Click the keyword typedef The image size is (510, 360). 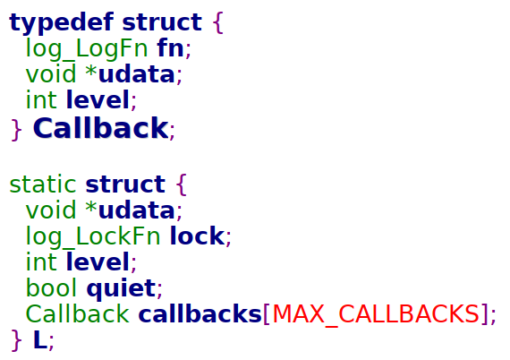[x=62, y=22]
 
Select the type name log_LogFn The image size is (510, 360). [x=87, y=49]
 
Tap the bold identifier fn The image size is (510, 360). [x=170, y=47]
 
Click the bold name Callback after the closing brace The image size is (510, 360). [x=100, y=128]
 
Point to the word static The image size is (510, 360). [x=43, y=184]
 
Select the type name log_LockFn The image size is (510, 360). [x=93, y=236]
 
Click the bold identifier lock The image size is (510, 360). [x=197, y=236]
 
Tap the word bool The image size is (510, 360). [x=51, y=287]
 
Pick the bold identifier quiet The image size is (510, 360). [x=121, y=288]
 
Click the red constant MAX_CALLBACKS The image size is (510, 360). [x=376, y=314]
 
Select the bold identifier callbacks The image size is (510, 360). [x=200, y=313]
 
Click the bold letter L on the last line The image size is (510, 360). [x=40, y=340]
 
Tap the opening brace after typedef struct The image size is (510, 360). [x=218, y=22]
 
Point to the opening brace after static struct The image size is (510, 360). [x=182, y=184]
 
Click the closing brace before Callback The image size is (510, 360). [x=16, y=130]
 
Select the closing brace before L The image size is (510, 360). [x=16, y=340]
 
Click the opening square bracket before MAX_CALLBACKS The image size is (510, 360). [x=267, y=314]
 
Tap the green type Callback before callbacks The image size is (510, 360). [x=78, y=313]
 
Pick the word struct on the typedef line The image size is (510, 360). [x=162, y=22]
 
